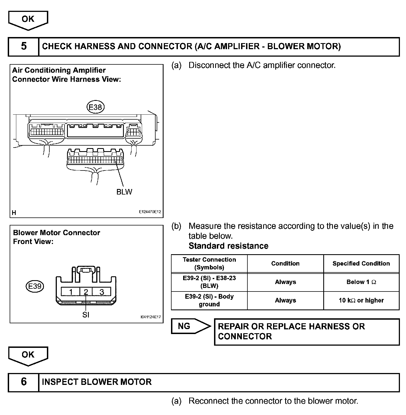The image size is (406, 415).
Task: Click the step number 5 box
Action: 24,46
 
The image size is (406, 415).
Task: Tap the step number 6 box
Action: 24,382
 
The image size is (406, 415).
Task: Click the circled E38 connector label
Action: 95,107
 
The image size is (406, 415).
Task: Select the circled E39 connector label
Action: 35,286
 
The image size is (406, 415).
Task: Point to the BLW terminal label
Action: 124,192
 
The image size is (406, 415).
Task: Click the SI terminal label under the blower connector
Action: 86,315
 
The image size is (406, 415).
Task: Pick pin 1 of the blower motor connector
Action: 71,292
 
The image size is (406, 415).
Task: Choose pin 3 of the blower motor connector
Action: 102,292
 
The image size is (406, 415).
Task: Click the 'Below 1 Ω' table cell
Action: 361,282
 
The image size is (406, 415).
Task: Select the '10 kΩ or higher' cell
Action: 361,300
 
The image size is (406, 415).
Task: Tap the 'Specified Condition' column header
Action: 361,264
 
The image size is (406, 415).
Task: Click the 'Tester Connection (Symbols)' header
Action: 209,264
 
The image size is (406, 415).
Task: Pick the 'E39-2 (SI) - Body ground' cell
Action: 209,300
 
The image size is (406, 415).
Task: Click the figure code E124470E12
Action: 150,212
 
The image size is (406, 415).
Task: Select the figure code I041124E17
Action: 151,317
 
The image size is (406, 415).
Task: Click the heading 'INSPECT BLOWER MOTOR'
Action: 97,382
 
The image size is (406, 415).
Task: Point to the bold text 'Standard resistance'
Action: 228,246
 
